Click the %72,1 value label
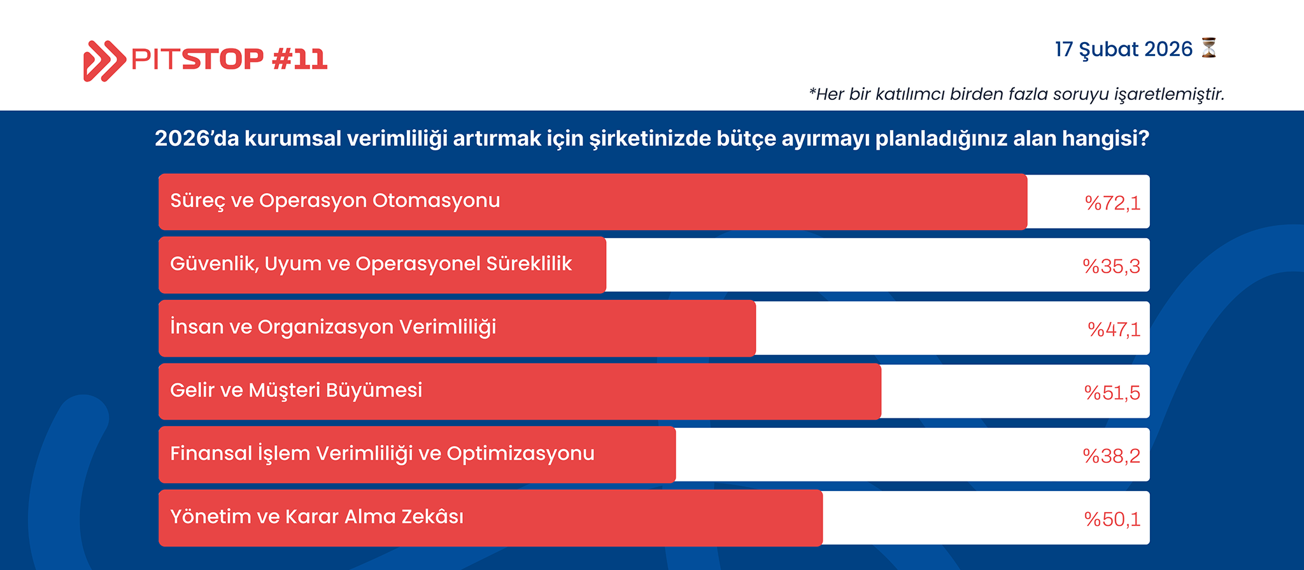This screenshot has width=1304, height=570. coord(1112,203)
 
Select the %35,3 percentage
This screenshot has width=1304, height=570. coord(1112,266)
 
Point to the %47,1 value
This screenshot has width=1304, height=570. coord(1114,329)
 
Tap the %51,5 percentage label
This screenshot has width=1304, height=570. coord(1112,392)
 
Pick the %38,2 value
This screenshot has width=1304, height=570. coord(1112,456)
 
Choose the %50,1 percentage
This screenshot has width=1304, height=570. coord(1112,519)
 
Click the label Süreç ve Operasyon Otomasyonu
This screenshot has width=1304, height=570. coord(335,201)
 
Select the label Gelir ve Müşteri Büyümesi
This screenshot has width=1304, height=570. coord(296,390)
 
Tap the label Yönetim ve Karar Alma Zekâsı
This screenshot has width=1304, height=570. coord(316,516)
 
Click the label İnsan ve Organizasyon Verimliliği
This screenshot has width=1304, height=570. coord(333,327)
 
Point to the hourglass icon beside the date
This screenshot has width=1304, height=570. coord(1208,48)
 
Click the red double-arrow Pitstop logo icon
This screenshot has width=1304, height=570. coord(104,61)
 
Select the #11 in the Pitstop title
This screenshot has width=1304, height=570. coord(299,59)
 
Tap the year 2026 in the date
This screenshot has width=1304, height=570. coord(1168,49)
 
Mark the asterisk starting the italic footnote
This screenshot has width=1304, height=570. coord(812,92)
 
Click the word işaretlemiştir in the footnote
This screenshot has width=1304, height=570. coord(1169,94)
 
